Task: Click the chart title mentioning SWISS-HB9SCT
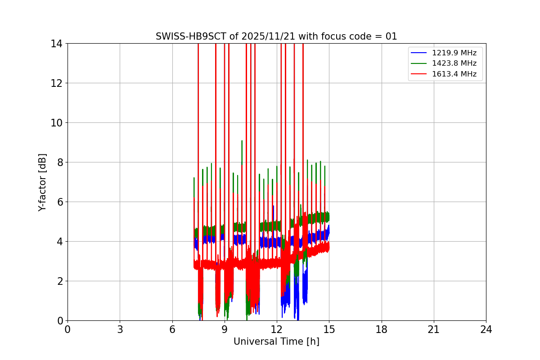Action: coord(276,36)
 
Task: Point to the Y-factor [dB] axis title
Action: coord(42,182)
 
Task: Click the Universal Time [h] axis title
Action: coord(276,342)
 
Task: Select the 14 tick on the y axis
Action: coord(57,44)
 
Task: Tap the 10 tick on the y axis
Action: coord(57,123)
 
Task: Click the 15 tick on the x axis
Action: coord(329,329)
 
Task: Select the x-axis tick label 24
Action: coord(486,329)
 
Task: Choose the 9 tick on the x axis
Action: coord(225,329)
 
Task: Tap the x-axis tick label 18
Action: coord(382,329)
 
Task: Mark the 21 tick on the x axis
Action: coord(434,329)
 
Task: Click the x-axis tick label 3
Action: coord(120,329)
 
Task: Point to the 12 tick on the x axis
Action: coord(277,329)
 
